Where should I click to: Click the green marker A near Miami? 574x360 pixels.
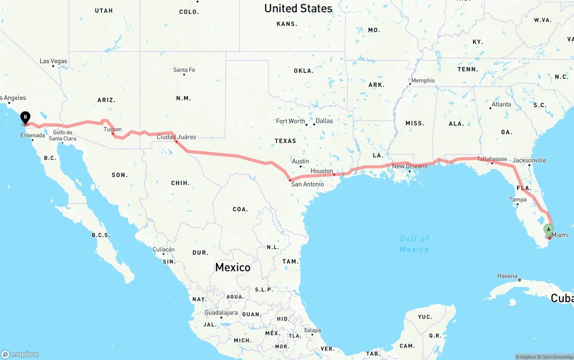(x=548, y=230)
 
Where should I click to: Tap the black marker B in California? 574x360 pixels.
(x=26, y=117)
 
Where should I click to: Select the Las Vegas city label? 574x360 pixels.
(x=53, y=61)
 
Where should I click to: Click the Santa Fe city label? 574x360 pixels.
(x=184, y=70)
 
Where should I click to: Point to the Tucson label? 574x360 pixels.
(x=113, y=129)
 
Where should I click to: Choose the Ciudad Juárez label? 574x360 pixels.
(x=176, y=137)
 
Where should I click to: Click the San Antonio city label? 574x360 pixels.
(x=307, y=184)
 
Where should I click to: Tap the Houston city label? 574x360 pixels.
(x=322, y=171)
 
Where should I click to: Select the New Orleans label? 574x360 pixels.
(x=410, y=166)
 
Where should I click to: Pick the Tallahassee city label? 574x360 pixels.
(x=492, y=159)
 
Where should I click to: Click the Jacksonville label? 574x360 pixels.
(x=529, y=160)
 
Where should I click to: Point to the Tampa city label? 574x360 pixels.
(x=518, y=200)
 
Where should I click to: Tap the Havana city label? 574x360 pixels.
(x=507, y=276)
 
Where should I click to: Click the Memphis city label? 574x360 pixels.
(x=422, y=80)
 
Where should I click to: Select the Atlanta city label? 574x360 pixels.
(x=501, y=104)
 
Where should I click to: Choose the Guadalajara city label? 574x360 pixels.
(x=221, y=312)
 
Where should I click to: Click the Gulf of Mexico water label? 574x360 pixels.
(x=414, y=243)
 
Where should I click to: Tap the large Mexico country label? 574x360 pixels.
(x=233, y=267)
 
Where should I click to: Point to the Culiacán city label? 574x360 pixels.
(x=163, y=249)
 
